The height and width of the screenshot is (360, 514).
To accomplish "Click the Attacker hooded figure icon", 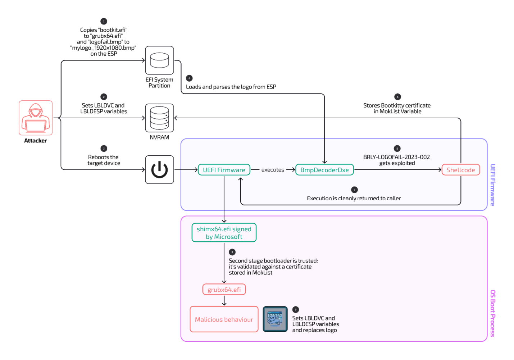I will (36, 118).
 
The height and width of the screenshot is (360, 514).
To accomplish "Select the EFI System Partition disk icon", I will (159, 60).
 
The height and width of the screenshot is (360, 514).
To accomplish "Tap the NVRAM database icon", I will (159, 118).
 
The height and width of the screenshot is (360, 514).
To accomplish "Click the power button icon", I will (159, 169).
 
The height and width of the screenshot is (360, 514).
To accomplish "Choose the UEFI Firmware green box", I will (224, 170).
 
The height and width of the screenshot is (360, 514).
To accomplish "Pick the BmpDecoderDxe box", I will (324, 170).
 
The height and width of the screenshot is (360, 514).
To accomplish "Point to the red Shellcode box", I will (460, 170).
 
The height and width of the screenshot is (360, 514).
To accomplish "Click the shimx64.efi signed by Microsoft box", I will (224, 233).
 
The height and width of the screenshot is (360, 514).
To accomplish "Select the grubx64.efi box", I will (224, 290).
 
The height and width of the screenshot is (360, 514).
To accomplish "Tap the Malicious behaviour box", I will (224, 319).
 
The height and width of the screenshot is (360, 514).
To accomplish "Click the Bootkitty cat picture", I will (275, 319).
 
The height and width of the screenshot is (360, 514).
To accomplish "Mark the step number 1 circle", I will (104, 21).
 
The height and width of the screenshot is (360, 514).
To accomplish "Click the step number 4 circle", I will (189, 78).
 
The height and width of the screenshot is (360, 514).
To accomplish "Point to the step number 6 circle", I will (397, 96).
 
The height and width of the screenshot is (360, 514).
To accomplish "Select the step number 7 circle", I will (354, 190).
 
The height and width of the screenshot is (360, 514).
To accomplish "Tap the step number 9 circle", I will (296, 309).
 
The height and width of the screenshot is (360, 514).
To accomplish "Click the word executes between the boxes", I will (273, 170).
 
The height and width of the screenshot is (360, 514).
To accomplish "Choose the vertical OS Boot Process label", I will (492, 313).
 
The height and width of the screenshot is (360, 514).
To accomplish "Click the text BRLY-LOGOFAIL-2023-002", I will (396, 157).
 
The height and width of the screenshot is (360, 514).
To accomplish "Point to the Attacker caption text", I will (35, 141).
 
